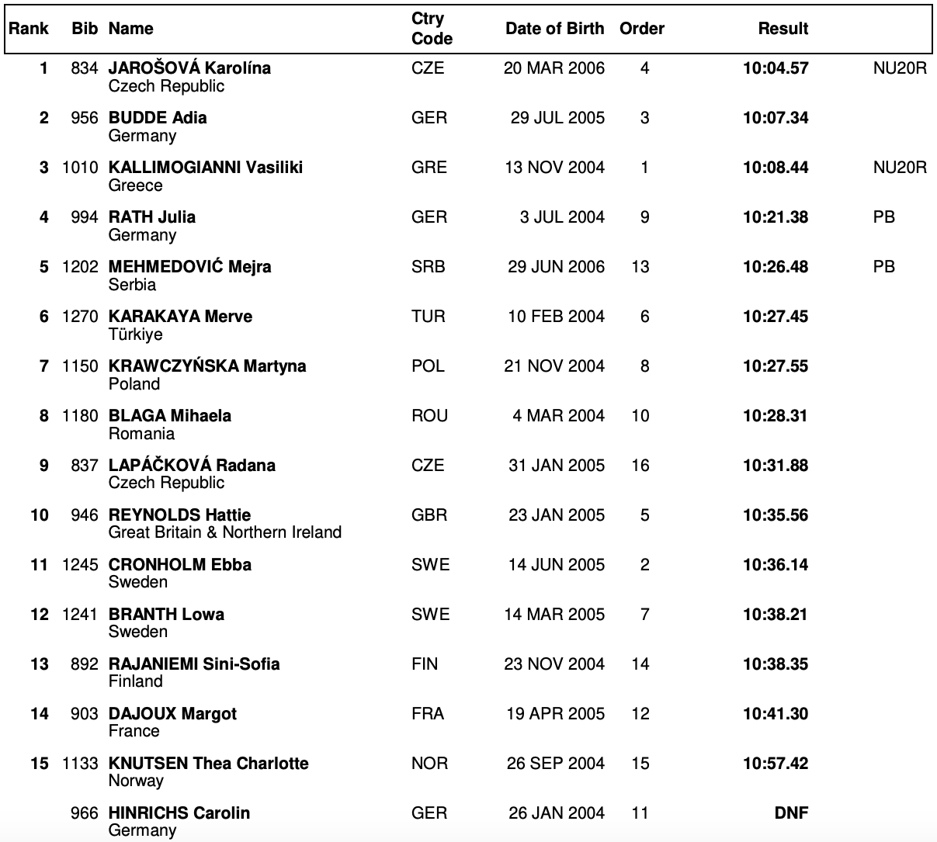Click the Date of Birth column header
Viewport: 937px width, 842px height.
coord(554,29)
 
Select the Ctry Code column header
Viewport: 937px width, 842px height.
coord(432,29)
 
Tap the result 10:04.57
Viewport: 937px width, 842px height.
coord(776,68)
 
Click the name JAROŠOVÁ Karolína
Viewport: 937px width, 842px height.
coord(189,68)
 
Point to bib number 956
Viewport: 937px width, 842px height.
coord(84,118)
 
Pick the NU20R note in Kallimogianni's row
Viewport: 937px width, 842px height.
coord(900,168)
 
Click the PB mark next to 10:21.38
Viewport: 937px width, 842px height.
coord(883,217)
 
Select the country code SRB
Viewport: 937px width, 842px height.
coord(429,267)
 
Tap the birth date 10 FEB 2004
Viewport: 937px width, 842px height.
coord(556,317)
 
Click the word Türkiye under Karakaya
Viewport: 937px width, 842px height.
coord(136,334)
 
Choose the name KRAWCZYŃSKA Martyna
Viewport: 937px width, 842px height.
coord(207,366)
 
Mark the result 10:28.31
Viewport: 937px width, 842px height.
coord(776,416)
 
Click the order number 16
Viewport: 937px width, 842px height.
coord(640,466)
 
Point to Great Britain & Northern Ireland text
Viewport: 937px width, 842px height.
coord(225,532)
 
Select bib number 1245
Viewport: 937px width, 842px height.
coord(80,565)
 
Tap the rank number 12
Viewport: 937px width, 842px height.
coord(40,615)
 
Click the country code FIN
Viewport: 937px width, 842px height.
coord(425,664)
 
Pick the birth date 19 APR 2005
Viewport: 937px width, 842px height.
coord(555,714)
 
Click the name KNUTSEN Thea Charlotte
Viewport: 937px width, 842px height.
coord(208,764)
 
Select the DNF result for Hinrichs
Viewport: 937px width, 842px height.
coord(791,813)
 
